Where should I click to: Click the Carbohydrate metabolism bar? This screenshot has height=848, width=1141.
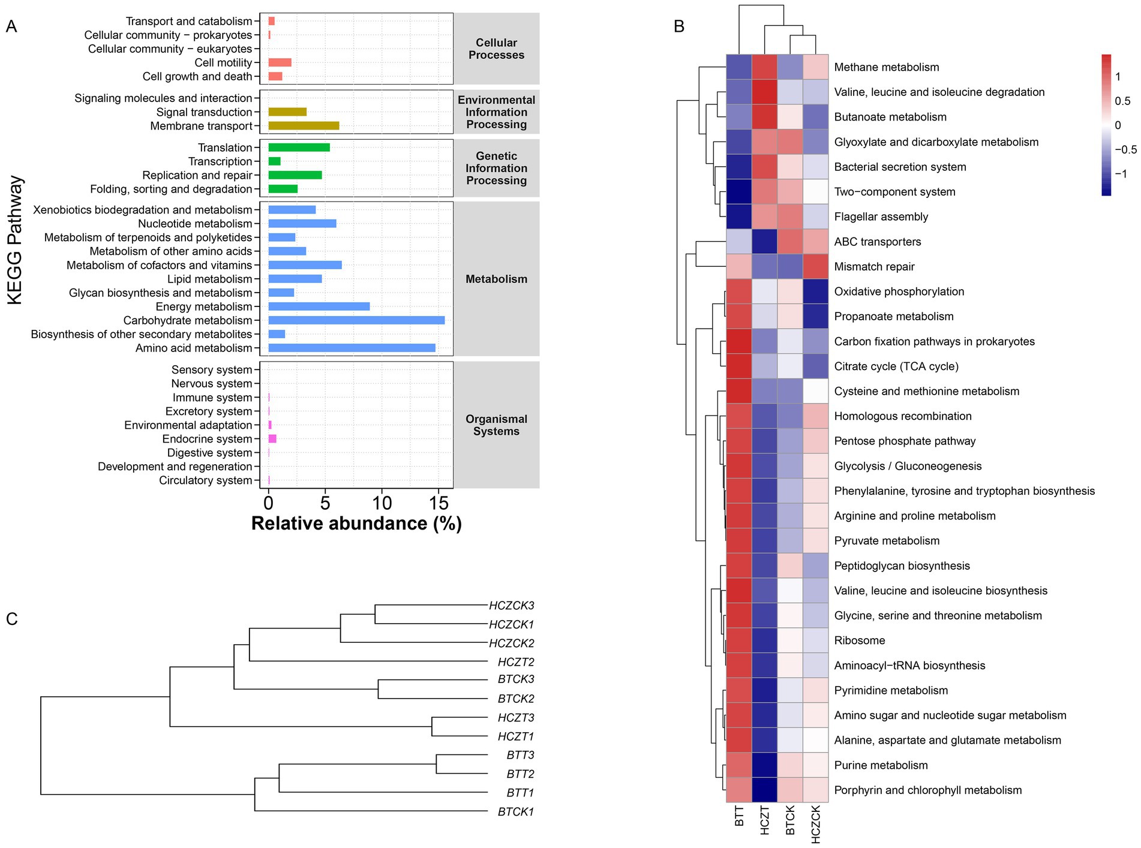point(356,320)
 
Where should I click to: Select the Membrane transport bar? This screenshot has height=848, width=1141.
point(304,126)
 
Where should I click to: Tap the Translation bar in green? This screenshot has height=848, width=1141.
point(299,148)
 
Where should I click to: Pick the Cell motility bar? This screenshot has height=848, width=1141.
point(280,62)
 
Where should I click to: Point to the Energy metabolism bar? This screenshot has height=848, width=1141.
point(319,306)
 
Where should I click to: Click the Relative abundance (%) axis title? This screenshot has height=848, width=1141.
point(356,524)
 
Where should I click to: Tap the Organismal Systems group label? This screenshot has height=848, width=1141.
point(496,425)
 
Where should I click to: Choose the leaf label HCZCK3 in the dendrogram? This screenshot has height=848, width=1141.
point(511,606)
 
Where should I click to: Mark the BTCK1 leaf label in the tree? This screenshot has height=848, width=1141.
point(515,812)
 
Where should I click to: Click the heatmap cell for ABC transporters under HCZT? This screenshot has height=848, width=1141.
point(764,242)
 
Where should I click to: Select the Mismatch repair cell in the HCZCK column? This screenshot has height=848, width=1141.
point(815,266)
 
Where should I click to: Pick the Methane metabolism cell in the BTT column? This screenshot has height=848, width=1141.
point(738,67)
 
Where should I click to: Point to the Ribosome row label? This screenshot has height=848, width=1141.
point(860,640)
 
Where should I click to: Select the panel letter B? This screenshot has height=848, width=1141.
point(679,26)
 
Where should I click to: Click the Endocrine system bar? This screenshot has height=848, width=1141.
point(272,439)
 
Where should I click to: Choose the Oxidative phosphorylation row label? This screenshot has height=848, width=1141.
point(899,291)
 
